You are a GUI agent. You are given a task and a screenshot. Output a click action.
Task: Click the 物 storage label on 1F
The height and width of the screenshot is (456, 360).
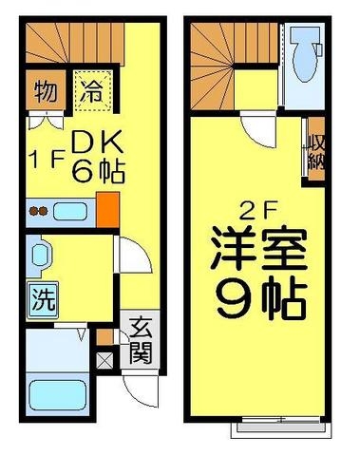pyautogui.click(x=44, y=93)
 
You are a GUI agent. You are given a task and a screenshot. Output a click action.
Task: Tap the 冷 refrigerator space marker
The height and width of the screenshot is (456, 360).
pyautogui.click(x=92, y=93)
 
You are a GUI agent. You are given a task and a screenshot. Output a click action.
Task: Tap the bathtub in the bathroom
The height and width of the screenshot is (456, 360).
pyautogui.click(x=54, y=393)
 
